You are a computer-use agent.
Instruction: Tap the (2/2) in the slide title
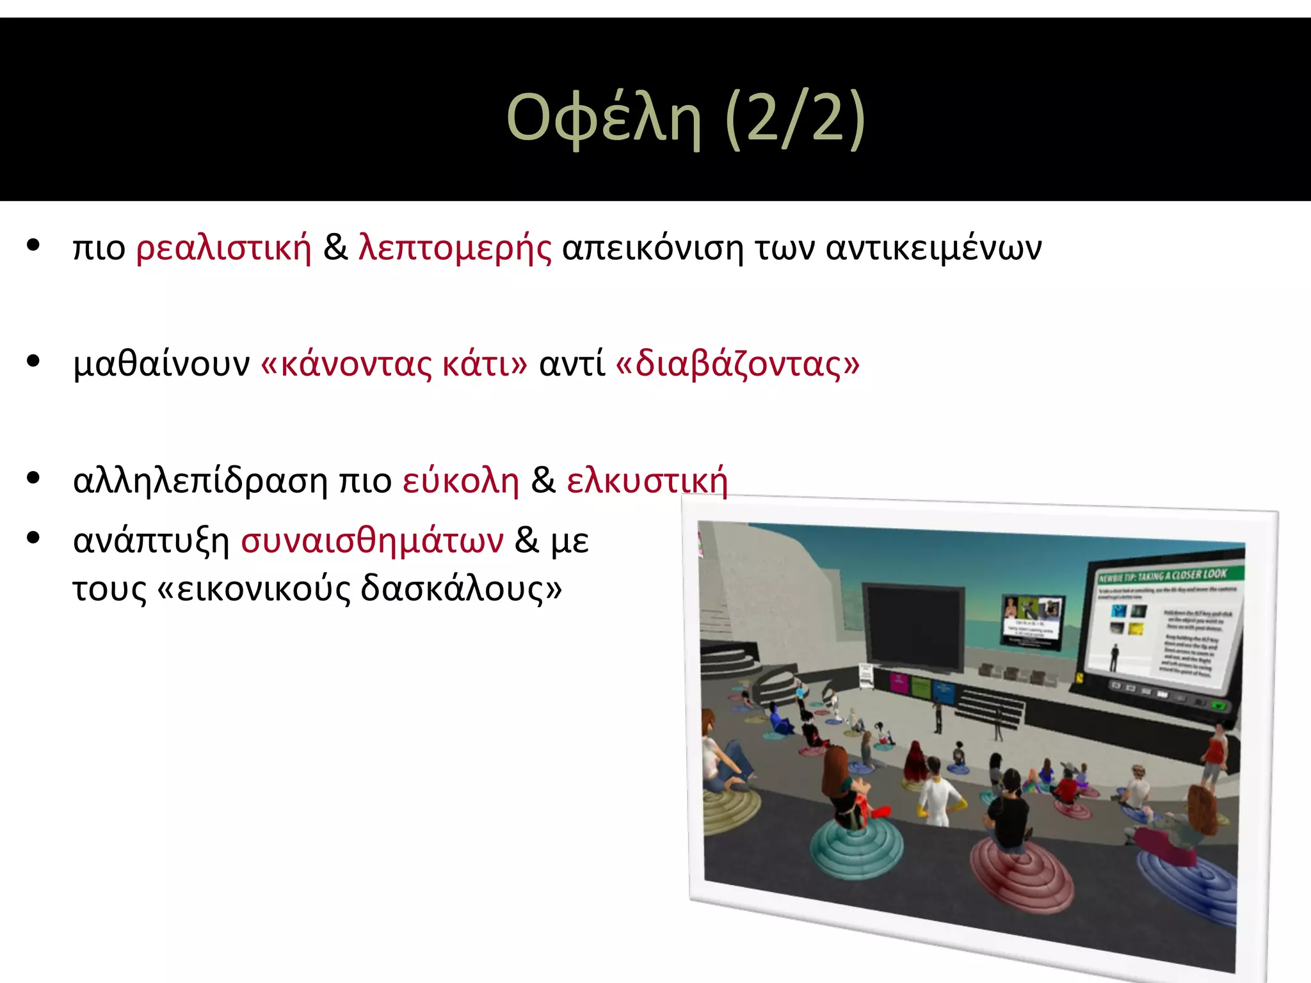pos(796,118)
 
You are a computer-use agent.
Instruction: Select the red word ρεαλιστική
pos(223,248)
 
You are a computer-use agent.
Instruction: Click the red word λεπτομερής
pos(454,249)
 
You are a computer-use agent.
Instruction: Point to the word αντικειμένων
pos(933,249)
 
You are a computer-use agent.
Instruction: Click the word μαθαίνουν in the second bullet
pos(161,364)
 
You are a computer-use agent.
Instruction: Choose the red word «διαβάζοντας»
pos(737,365)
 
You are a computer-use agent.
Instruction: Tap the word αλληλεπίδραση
pos(200,481)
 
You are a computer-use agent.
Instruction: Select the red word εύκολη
pos(460,481)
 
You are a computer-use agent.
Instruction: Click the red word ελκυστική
pos(647,481)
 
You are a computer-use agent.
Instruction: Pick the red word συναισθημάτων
pos(372,541)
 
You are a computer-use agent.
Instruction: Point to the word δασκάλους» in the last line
pos(461,589)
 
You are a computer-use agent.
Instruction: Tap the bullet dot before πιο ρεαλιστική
pos(33,245)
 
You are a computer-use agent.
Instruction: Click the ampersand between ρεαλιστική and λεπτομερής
pos(335,248)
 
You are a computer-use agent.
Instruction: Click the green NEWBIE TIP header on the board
pos(1162,575)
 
